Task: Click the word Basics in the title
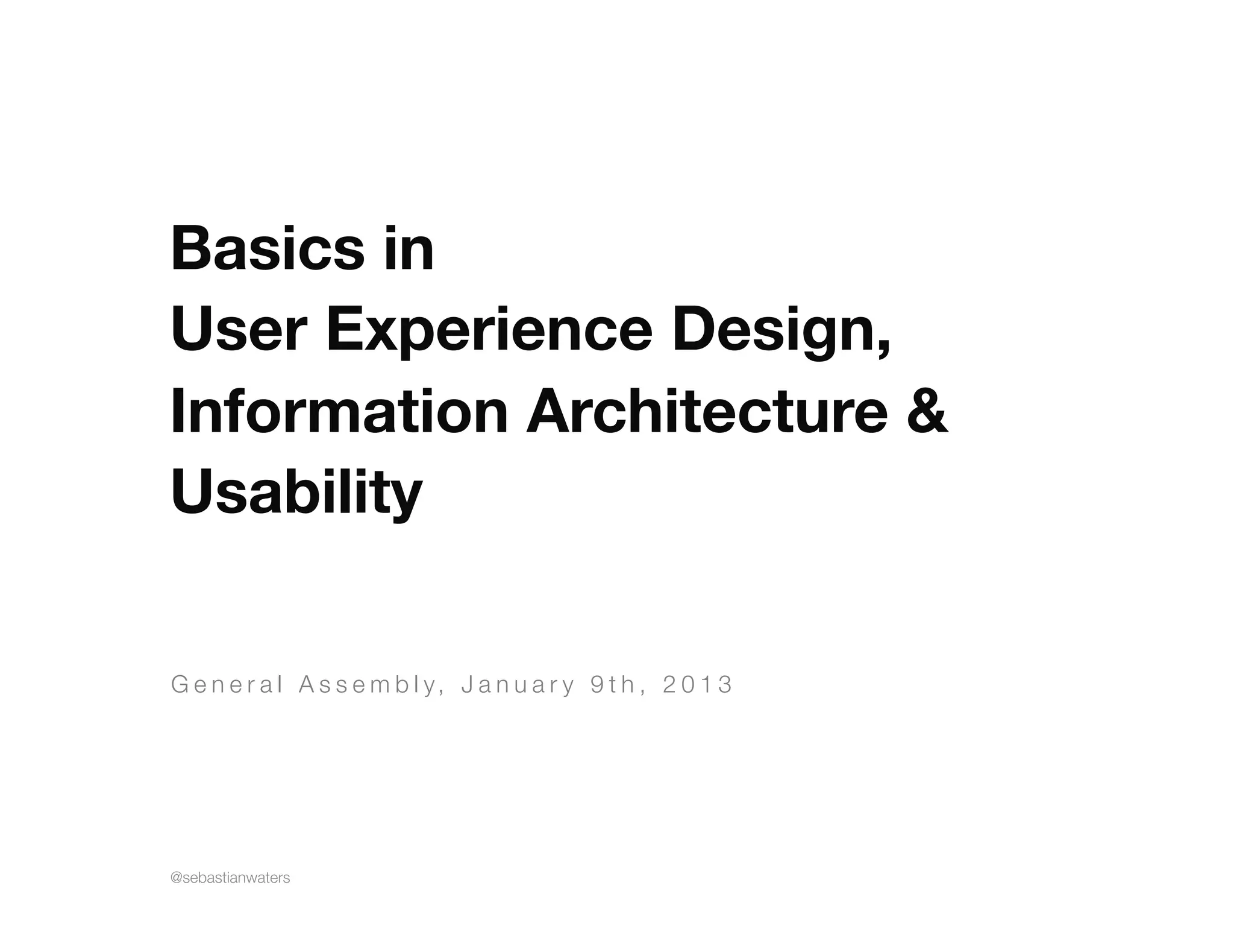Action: (268, 249)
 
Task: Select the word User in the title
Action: (239, 330)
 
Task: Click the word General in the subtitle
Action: (227, 685)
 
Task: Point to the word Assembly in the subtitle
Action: (367, 685)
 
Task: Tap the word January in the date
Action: (518, 685)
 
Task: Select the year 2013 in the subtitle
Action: (697, 685)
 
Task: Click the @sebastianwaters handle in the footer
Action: (231, 878)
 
